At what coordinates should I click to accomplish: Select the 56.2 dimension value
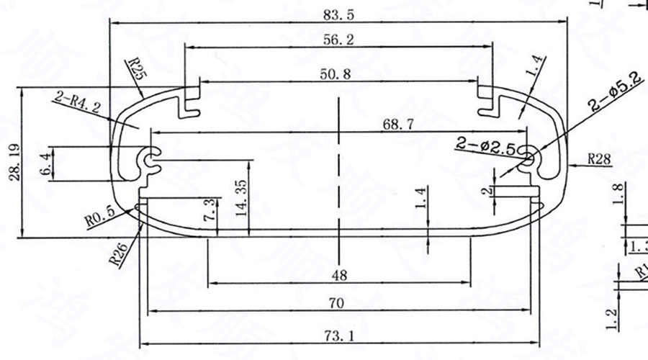pos(338,41)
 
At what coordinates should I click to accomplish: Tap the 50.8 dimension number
pos(338,74)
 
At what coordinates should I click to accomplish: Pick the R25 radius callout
pos(135,70)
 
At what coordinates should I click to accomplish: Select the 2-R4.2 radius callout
pos(76,104)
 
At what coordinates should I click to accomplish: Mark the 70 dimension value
pos(335,304)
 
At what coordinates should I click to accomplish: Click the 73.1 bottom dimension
pos(336,336)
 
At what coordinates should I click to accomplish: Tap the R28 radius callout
pos(600,159)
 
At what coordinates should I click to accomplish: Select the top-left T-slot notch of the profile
pos(190,101)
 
